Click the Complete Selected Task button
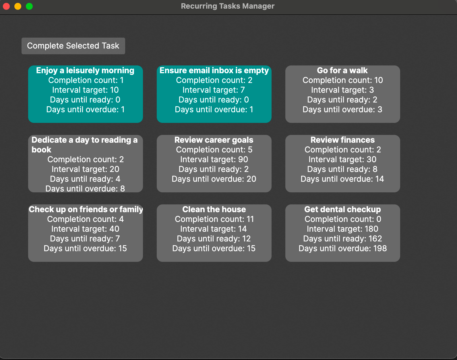(73, 46)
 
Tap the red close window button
(6, 6)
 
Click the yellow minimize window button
(18, 6)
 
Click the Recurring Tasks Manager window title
(228, 6)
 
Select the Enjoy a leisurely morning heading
(85, 71)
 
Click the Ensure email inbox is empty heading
(214, 71)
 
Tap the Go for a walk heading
(342, 71)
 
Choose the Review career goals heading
(214, 140)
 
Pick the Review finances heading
(342, 140)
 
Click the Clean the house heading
(214, 209)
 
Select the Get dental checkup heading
(342, 209)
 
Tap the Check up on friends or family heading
(86, 209)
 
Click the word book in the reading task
(41, 150)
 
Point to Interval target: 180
(342, 229)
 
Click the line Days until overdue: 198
(342, 249)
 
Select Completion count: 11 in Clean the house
(214, 219)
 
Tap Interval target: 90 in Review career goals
(214, 160)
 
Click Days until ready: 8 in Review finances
(342, 169)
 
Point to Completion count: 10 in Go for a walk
(342, 80)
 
